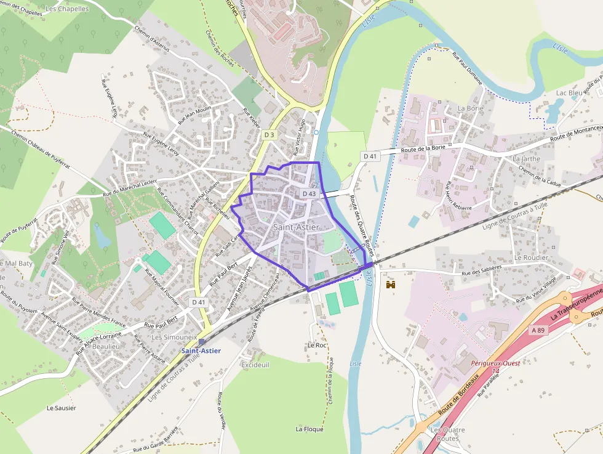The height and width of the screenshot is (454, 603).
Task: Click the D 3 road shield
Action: point(269,134)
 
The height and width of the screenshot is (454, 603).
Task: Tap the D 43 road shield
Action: point(309,193)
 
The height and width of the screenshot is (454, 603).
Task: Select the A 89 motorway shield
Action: point(538,330)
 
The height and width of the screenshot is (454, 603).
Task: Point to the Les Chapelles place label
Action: point(67,9)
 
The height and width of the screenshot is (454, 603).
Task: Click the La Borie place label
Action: point(470,108)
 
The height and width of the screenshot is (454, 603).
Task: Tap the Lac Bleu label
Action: point(569,93)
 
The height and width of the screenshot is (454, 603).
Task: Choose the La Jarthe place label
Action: point(526,158)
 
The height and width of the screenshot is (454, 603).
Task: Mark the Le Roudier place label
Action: point(530,257)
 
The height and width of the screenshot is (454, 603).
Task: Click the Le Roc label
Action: point(316,345)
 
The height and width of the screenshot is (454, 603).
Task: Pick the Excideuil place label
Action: point(255,365)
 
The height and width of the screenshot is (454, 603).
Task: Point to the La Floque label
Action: point(309,429)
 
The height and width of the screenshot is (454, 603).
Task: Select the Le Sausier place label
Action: point(61,408)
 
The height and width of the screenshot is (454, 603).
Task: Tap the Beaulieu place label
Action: point(105,347)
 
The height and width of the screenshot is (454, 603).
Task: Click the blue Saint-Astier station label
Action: point(201,351)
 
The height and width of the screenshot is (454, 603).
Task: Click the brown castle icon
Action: point(389,284)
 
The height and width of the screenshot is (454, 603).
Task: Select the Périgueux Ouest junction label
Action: point(495,363)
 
